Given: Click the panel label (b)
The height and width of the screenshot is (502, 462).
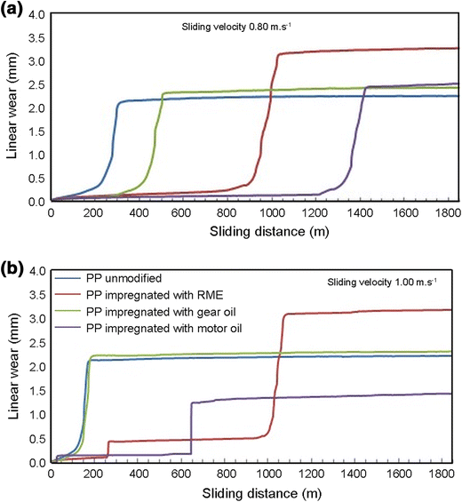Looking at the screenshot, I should tap(12, 267).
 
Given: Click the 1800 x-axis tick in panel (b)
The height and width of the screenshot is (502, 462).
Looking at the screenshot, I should tap(449, 475).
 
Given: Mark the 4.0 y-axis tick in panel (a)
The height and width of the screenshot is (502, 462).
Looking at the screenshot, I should tap(36, 13).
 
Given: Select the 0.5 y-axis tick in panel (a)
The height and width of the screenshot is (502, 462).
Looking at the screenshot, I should tap(36, 179).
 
